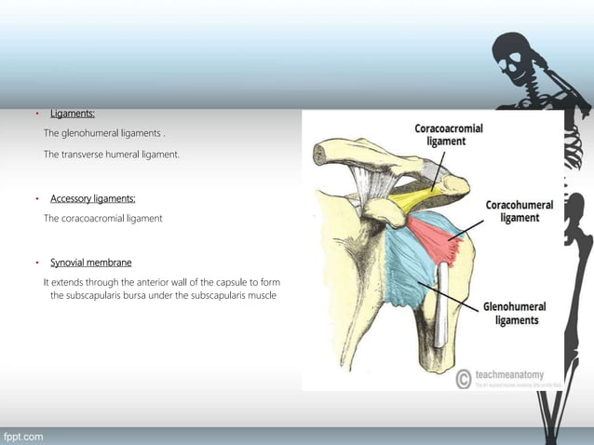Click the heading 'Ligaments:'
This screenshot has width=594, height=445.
pos(73,114)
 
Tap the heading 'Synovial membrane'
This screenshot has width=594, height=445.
pos(90,263)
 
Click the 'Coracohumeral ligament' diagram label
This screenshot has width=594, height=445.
pos(520,211)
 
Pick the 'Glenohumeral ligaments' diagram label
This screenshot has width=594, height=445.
pos(514,313)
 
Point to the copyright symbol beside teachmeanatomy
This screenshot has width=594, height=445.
pos(463,378)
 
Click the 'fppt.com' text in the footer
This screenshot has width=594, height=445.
pos(23,437)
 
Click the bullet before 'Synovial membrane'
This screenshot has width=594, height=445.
pos(35,263)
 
